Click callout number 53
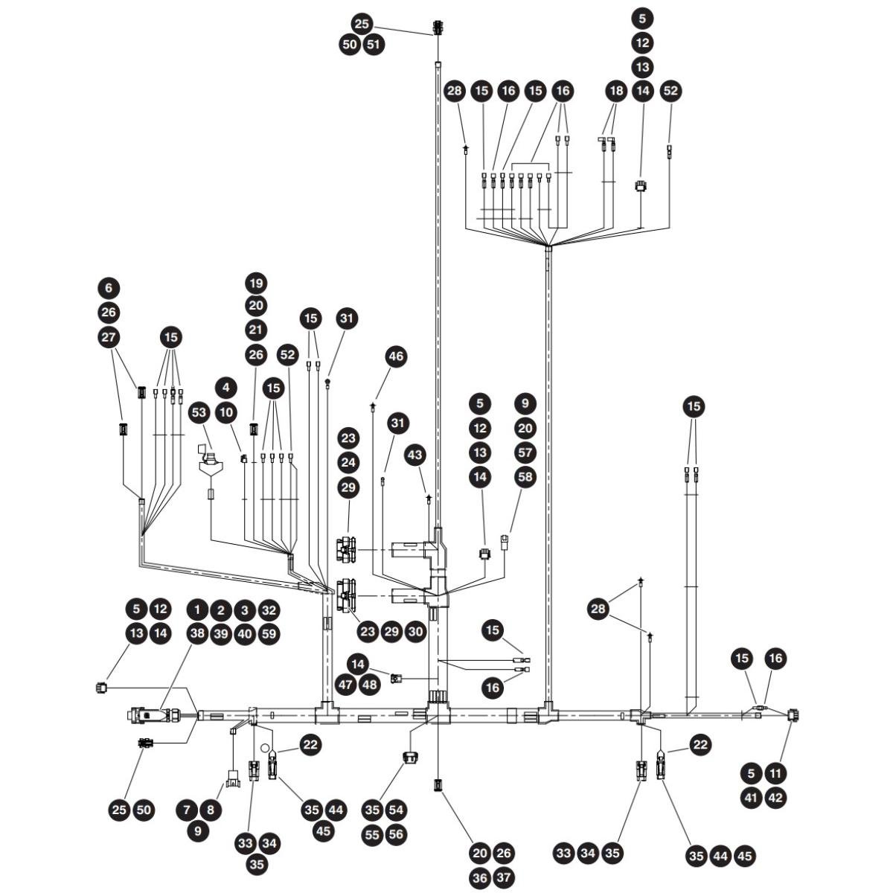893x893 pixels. coord(199,412)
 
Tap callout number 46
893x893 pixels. coord(396,356)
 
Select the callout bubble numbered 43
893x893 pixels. coord(415,455)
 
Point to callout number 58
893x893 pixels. coord(525,477)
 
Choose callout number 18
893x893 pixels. coord(616,90)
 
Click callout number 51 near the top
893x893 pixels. coord(374,45)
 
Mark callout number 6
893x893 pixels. coord(109,288)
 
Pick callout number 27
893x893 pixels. coord(109,337)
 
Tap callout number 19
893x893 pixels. coord(256,283)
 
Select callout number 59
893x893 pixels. coord(269,633)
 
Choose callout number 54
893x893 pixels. coord(396,810)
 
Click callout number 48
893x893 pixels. coord(370,685)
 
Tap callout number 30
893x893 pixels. coord(416,632)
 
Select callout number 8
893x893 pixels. coord(211,810)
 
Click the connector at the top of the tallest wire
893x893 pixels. coord(438,28)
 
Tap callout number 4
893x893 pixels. coord(226,388)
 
